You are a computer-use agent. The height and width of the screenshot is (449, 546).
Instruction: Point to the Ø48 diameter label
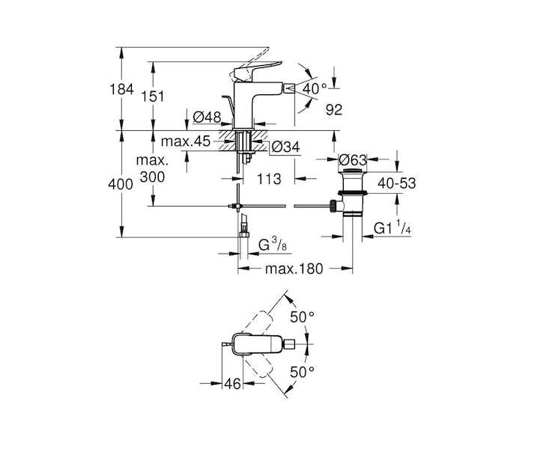pos(206,117)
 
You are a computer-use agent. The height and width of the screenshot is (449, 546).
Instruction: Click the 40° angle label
pos(315,88)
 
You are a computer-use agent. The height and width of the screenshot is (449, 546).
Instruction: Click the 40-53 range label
pos(395,183)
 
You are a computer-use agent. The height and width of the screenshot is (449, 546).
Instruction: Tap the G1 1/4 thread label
pos(394,227)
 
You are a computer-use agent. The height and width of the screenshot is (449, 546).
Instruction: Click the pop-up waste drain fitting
pos(350,193)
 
